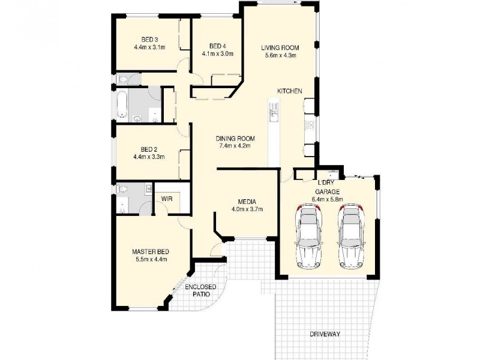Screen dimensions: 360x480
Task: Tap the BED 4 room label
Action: pos(217,46)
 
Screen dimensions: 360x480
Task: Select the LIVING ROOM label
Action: pos(280,47)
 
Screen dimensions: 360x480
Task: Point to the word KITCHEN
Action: pos(289,91)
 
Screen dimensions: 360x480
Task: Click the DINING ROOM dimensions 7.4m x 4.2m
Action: pos(233,146)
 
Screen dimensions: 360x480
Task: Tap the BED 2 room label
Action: pos(149,149)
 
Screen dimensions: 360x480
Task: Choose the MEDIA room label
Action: pos(247,202)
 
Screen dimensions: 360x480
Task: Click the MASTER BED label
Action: pos(151,251)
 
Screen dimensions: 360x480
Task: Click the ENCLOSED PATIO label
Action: pos(200,291)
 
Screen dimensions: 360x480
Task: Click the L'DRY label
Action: pos(326,182)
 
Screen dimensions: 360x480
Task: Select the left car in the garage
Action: pos(308,236)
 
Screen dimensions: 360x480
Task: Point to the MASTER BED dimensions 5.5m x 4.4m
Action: pos(151,259)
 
